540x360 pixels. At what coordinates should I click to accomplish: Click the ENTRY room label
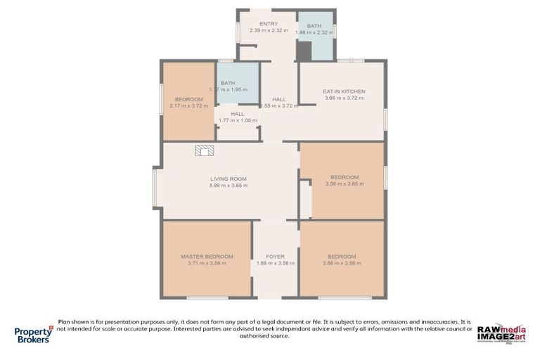(x=259, y=24)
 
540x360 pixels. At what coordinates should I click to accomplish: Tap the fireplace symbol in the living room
(x=205, y=150)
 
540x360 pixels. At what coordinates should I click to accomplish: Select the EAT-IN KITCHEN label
(x=344, y=91)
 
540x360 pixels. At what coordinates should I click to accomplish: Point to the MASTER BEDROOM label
(x=207, y=257)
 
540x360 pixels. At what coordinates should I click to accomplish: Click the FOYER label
(x=275, y=257)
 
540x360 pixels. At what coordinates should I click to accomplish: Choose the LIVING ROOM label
(x=228, y=179)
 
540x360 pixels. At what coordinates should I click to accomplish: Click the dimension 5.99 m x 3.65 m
(x=228, y=186)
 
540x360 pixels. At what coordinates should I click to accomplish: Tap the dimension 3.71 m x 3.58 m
(x=207, y=264)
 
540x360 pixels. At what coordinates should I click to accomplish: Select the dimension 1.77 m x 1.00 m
(x=237, y=120)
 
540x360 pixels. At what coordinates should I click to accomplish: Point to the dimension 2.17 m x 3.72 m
(x=189, y=106)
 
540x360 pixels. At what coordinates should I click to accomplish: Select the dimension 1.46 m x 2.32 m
(x=314, y=32)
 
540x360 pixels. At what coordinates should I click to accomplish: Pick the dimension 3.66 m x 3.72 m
(x=344, y=98)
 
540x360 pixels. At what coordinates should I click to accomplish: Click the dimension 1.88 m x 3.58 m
(x=275, y=264)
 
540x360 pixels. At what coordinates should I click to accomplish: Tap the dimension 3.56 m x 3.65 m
(x=342, y=184)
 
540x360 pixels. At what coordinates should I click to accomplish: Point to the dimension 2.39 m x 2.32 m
(x=259, y=31)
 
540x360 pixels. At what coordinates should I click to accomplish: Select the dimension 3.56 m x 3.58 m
(x=342, y=264)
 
